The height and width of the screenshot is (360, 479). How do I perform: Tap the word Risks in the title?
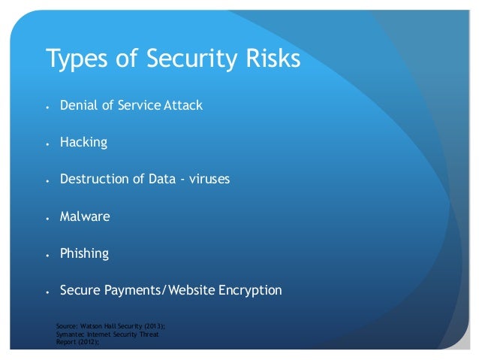pos(273,59)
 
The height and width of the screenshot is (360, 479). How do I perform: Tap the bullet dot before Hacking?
pos(47,143)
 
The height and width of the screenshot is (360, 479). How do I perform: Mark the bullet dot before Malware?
pos(47,218)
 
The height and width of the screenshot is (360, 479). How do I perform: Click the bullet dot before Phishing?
pos(47,255)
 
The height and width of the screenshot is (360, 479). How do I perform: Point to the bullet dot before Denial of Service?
pos(47,106)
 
